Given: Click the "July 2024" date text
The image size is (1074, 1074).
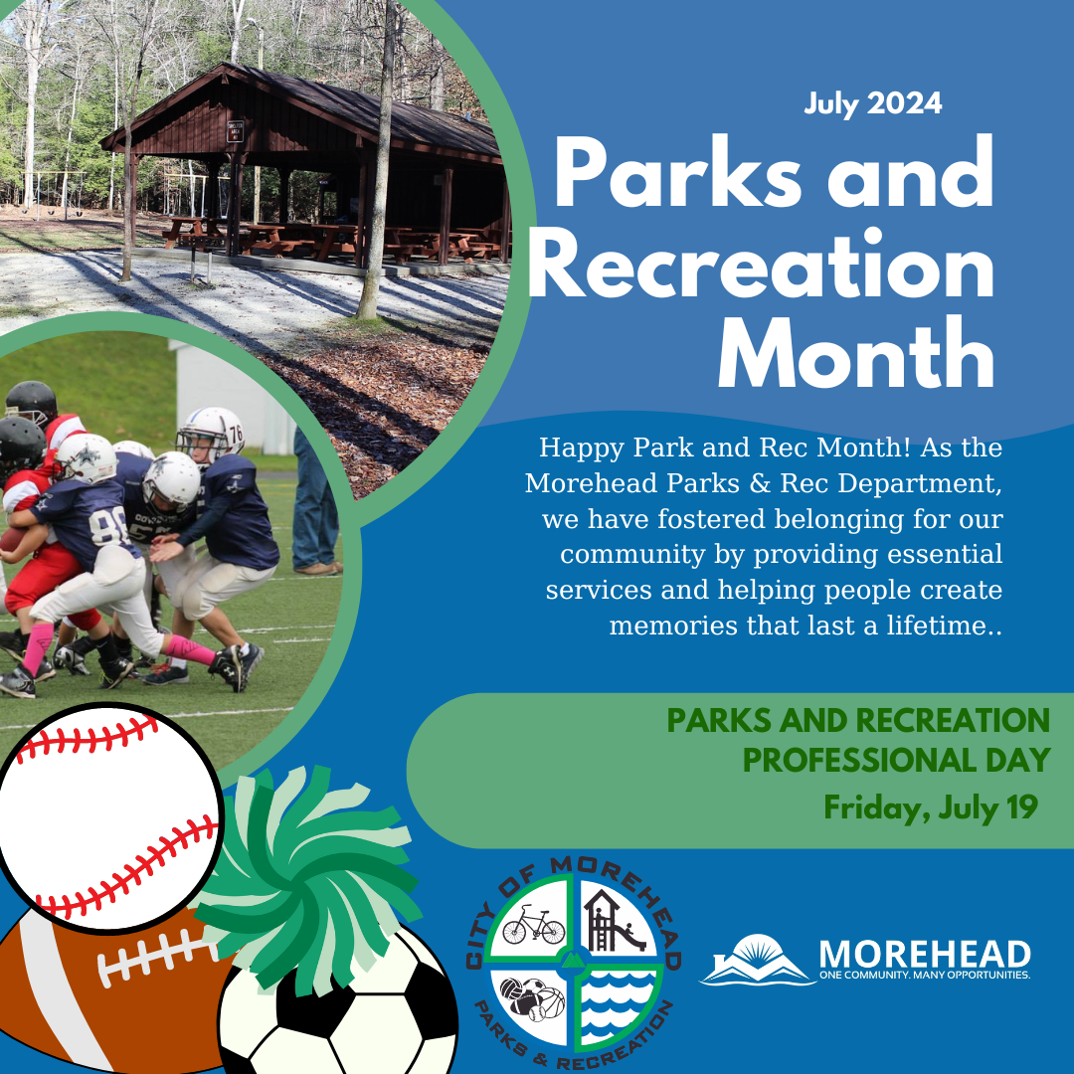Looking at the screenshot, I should [x=872, y=103].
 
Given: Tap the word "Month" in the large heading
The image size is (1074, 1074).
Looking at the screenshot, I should [x=855, y=355].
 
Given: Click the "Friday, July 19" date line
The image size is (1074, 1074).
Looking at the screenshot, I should [x=930, y=806].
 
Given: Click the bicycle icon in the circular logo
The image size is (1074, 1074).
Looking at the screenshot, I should [x=533, y=929].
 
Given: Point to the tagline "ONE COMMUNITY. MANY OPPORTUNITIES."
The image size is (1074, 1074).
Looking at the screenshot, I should [x=924, y=976].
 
